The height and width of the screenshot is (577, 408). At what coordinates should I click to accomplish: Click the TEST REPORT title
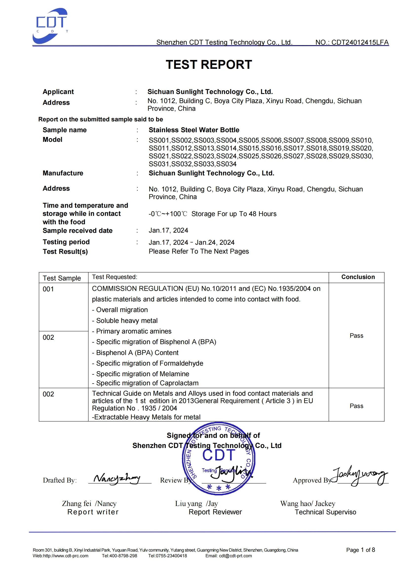209,65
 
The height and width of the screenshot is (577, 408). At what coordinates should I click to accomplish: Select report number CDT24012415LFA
360,42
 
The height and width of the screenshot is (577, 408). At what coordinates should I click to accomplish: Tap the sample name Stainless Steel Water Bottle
194,130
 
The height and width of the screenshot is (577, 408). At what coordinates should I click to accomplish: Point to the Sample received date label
77,230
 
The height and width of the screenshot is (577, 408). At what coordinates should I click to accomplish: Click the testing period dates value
191,242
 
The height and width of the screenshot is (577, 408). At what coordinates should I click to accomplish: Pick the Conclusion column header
358,277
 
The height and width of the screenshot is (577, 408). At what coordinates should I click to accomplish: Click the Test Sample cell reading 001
48,289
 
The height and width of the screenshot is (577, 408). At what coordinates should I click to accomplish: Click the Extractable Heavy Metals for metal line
146,417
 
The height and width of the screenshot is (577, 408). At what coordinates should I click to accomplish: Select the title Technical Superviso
325,512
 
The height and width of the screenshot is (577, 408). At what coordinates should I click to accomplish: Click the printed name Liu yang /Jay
196,504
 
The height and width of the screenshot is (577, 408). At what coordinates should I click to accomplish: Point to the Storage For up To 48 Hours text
234,214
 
